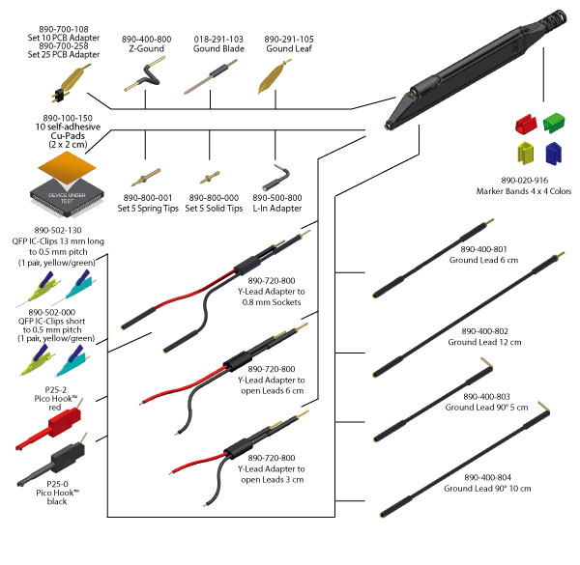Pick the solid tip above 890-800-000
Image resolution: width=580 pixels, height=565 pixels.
coord(208,178)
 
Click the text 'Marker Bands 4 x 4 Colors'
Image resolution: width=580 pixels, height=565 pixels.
coord(523,190)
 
